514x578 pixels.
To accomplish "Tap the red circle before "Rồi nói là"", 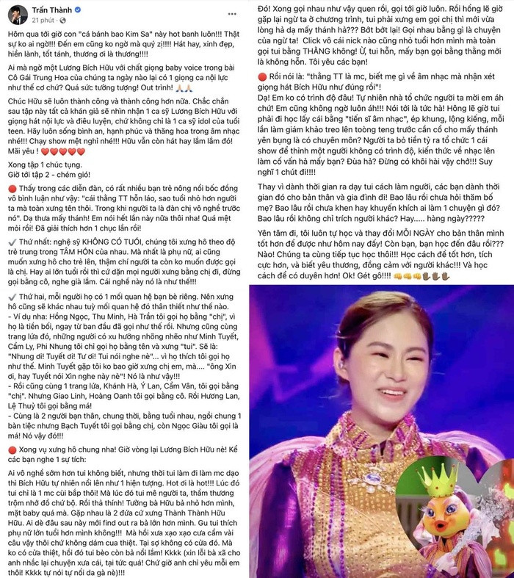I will (262, 76).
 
